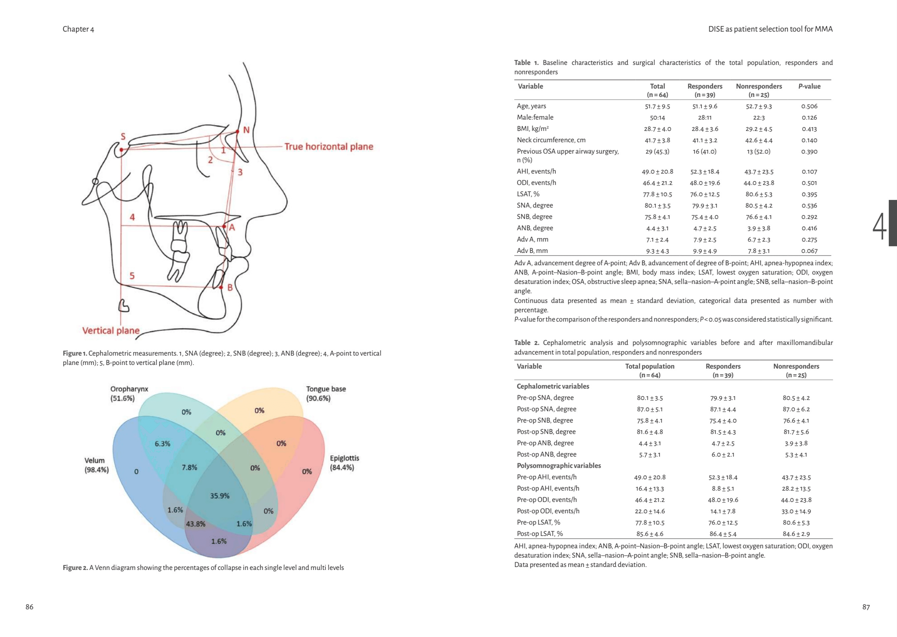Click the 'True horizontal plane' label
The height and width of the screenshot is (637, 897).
point(329,147)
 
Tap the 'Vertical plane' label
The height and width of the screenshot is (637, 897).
point(111,331)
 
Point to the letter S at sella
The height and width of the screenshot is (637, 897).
point(123,136)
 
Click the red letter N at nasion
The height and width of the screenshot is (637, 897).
point(246,130)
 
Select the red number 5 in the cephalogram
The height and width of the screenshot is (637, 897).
point(132,276)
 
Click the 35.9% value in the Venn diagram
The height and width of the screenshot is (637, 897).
point(220,496)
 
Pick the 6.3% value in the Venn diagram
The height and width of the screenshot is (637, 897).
point(162,443)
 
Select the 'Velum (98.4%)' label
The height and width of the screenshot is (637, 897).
point(96,465)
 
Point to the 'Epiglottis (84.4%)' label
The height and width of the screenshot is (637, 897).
point(344,463)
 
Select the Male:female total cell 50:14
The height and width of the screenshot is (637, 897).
point(657,118)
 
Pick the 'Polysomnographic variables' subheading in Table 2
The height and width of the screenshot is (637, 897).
point(559,466)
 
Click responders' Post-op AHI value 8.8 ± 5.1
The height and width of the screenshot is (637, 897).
point(723,489)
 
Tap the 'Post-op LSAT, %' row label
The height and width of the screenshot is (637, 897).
point(540,534)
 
